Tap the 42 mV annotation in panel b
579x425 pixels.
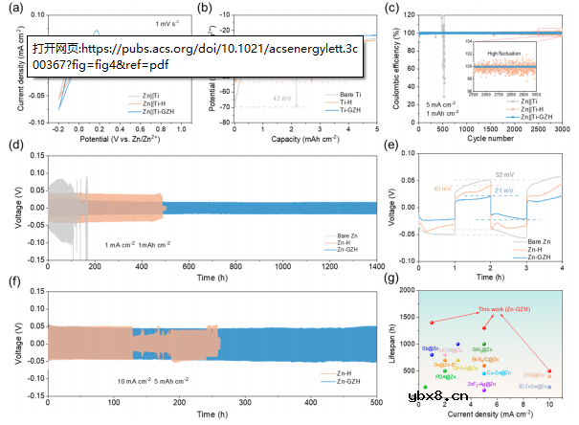280,98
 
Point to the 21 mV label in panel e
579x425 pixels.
502,192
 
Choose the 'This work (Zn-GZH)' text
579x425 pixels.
499,310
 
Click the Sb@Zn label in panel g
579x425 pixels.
429,348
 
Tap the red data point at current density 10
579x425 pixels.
549,371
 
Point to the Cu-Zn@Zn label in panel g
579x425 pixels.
498,372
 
